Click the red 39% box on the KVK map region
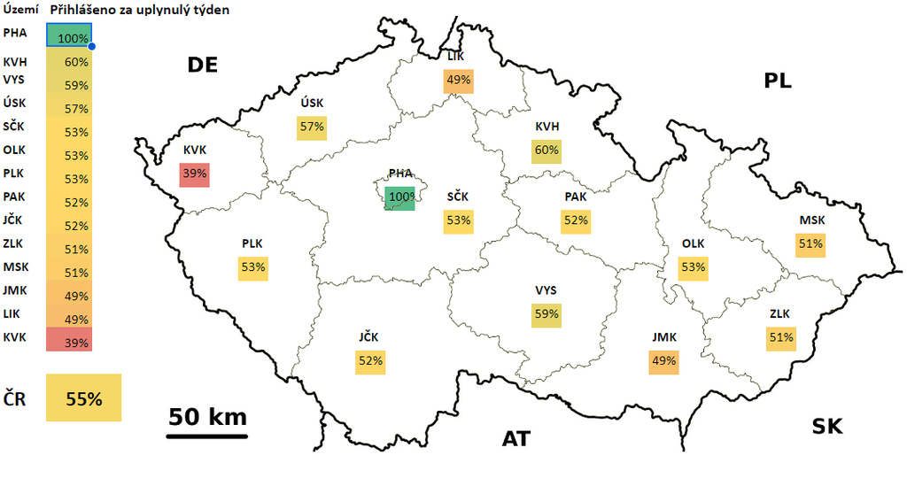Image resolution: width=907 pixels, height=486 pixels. (x=193, y=174)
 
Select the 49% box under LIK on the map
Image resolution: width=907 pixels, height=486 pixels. (x=458, y=80)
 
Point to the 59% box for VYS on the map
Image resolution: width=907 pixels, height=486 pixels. (x=546, y=313)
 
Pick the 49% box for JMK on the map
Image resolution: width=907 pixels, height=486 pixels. (x=663, y=360)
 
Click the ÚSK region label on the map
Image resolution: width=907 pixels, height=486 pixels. (x=312, y=104)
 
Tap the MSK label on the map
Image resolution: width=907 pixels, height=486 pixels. (x=810, y=220)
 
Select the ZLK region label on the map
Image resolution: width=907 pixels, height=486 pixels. (x=780, y=313)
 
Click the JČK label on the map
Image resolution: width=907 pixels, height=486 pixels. (x=370, y=336)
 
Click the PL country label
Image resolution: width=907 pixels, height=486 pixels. (x=778, y=81)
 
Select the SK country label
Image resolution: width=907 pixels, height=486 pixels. (x=827, y=427)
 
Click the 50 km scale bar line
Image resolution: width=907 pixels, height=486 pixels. (x=207, y=436)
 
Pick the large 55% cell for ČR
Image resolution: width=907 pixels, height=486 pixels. (x=83, y=397)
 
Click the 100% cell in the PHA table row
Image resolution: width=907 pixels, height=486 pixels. (x=69, y=37)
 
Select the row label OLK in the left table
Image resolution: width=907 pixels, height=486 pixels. (x=15, y=149)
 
